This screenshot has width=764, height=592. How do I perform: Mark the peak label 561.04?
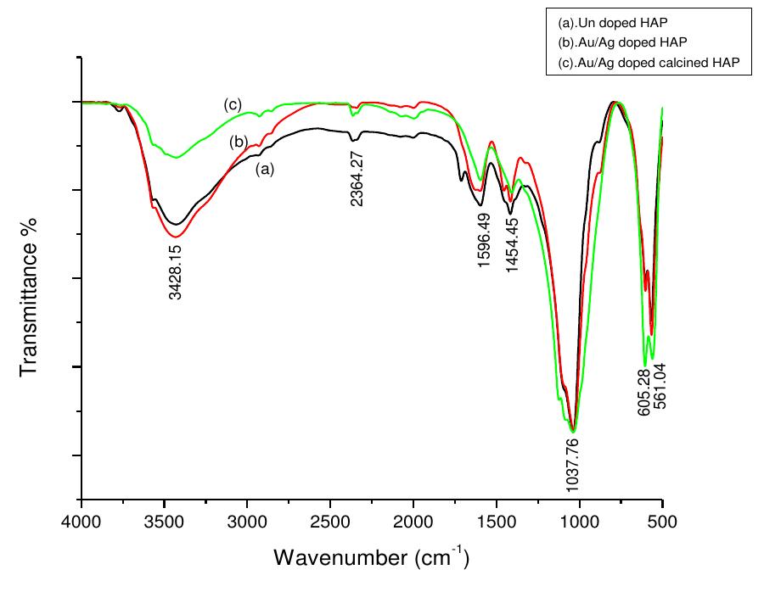tap(660, 386)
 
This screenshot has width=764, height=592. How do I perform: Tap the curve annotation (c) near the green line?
tap(233, 104)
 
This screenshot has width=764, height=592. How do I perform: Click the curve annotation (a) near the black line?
tap(266, 169)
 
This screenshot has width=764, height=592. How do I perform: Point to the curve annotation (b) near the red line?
tap(239, 142)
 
